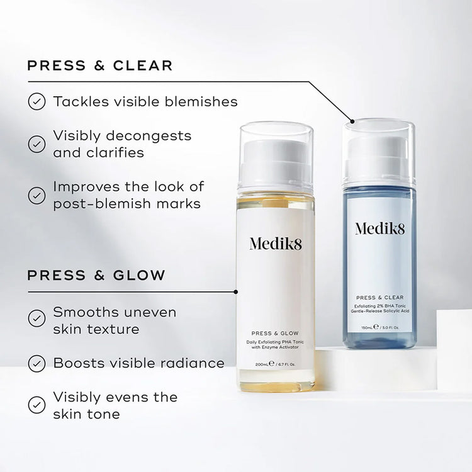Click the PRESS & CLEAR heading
[x=99, y=65]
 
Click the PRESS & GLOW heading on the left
[x=96, y=275]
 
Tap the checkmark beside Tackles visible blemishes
[x=37, y=101]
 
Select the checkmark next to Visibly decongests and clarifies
[x=37, y=144]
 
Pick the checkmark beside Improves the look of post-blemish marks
[x=37, y=195]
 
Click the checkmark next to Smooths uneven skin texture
[x=37, y=318]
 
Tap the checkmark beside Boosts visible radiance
[x=37, y=363]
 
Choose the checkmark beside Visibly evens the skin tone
[x=37, y=404]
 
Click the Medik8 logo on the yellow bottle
[x=276, y=244]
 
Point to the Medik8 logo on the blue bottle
[x=379, y=228]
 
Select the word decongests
[x=154, y=135]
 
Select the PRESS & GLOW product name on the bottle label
[x=276, y=334]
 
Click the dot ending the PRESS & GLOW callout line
[x=235, y=291]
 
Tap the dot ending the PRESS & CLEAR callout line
[x=352, y=120]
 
